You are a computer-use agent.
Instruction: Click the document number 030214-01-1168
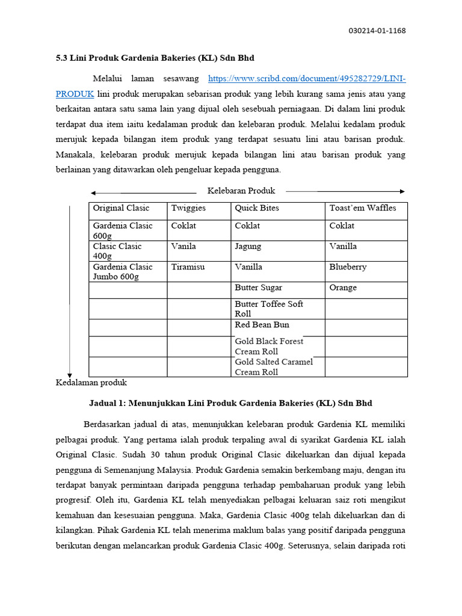377,31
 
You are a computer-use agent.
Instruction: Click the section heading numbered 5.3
155,58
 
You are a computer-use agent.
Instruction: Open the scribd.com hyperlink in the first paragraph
306,79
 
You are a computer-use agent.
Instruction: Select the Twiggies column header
188,208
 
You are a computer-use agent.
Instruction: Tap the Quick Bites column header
257,208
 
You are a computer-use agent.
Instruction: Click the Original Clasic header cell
121,208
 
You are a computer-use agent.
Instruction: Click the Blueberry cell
348,267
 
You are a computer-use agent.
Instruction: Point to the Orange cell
343,288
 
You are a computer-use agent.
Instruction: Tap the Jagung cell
248,247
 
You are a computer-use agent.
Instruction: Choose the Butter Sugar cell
258,288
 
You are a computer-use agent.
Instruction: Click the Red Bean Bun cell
262,325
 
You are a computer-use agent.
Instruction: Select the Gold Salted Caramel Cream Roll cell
274,367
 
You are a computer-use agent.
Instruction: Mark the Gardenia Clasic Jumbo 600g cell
123,272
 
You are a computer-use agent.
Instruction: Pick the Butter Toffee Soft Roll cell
269,309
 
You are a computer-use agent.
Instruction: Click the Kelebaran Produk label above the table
241,191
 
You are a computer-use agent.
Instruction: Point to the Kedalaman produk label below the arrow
91,383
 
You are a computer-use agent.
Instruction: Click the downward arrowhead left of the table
70,375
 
